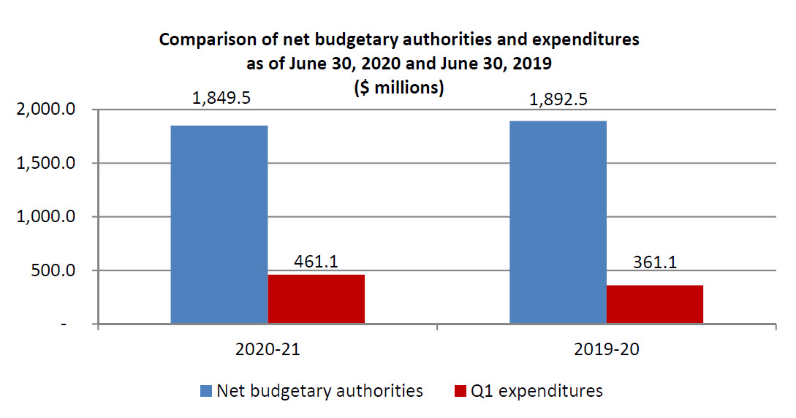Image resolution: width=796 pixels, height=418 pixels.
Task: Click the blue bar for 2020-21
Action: coord(219,224)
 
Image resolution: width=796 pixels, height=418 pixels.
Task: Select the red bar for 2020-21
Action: coord(316,299)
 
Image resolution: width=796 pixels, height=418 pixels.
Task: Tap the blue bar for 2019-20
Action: coord(558,222)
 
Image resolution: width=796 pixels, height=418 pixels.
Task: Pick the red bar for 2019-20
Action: coord(654,304)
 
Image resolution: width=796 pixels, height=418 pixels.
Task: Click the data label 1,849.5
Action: coord(221,98)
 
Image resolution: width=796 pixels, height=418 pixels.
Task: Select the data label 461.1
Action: coord(316,262)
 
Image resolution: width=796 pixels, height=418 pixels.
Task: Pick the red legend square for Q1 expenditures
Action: coord(460,392)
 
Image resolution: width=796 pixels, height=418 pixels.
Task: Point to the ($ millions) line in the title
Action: coord(398,88)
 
